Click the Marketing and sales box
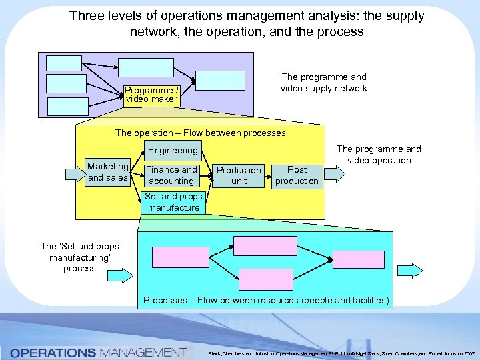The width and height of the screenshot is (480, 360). pos(108,172)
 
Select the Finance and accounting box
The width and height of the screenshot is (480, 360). pos(171,175)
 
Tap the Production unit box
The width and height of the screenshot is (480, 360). pos(239,175)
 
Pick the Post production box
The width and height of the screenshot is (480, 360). pos(297,175)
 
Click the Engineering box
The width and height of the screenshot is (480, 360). pos(173,151)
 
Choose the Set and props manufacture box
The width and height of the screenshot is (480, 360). pos(173,202)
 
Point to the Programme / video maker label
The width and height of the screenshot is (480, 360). pos(151,95)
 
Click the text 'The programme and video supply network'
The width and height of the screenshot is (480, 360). pos(323,83)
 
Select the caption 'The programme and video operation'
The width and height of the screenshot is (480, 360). pos(379,155)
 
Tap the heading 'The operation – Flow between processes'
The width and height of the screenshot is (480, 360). pos(200,133)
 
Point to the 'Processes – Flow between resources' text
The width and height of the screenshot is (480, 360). pos(266,300)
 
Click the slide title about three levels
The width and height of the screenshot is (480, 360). pos(246,23)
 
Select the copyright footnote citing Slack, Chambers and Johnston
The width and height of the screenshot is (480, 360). pos(340,352)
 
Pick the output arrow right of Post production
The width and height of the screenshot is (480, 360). pos(336,174)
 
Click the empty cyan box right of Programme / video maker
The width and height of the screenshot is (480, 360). pos(220,80)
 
